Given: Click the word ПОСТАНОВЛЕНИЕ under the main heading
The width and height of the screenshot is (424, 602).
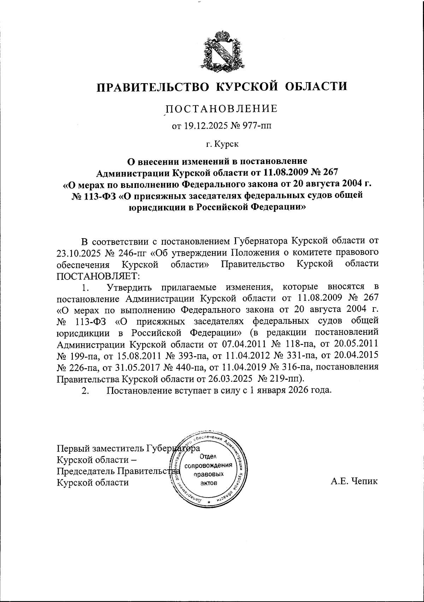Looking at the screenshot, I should (x=222, y=109).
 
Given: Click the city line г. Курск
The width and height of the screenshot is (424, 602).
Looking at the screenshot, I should (x=222, y=144).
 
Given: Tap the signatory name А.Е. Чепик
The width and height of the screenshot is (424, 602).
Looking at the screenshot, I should (x=354, y=481).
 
